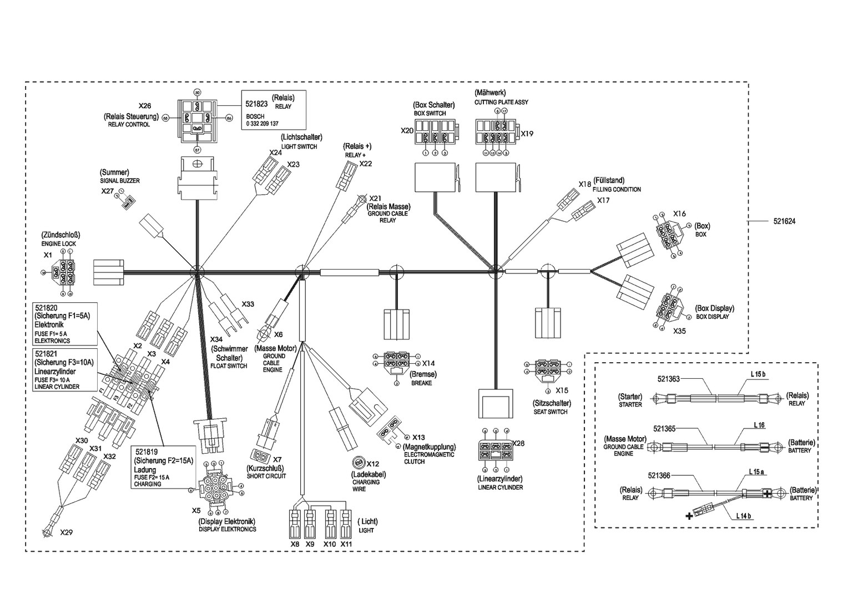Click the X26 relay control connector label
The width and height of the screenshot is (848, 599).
pyautogui.click(x=144, y=106)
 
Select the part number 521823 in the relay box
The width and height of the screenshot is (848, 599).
pyautogui.click(x=256, y=103)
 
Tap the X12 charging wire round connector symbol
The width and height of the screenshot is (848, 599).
pyautogui.click(x=359, y=463)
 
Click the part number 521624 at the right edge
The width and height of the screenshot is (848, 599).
pyautogui.click(x=784, y=221)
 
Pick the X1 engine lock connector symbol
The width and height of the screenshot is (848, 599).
pyautogui.click(x=64, y=272)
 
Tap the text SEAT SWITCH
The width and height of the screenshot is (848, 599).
pyautogui.click(x=550, y=412)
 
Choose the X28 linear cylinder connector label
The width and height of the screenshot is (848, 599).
pyautogui.click(x=518, y=443)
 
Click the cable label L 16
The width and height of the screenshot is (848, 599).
pyautogui.click(x=759, y=425)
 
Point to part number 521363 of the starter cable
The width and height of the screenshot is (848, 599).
pyautogui.click(x=668, y=379)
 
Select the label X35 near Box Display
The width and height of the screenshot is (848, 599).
pyautogui.click(x=679, y=331)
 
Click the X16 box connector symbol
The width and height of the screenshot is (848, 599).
pyautogui.click(x=669, y=233)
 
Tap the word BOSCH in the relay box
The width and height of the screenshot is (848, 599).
pyautogui.click(x=255, y=116)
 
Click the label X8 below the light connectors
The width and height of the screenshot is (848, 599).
pyautogui.click(x=295, y=544)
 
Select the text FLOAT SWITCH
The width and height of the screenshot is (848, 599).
pyautogui.click(x=229, y=366)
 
